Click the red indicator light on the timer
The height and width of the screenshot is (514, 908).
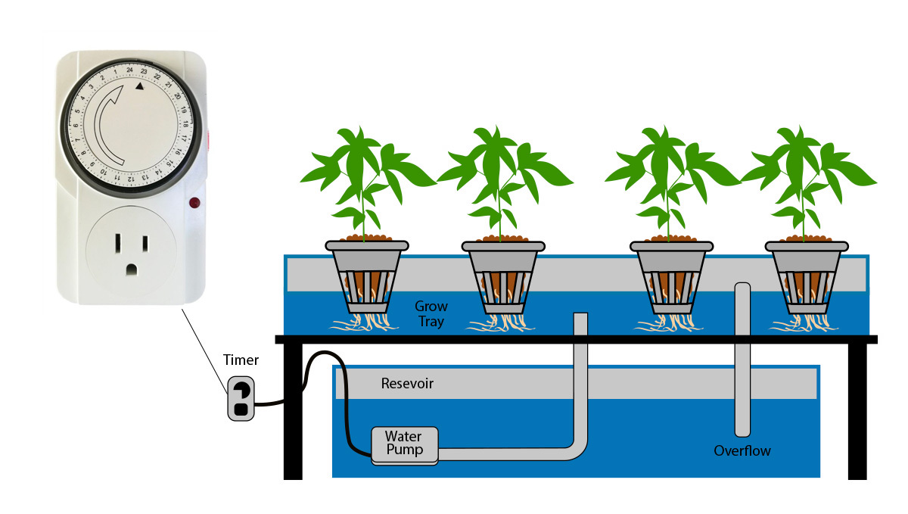194,203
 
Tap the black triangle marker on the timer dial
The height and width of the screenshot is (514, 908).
139,87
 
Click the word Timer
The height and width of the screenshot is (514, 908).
241,360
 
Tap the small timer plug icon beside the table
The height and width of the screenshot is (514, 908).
241,398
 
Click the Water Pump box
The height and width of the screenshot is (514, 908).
404,445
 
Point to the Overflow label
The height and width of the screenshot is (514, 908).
742,451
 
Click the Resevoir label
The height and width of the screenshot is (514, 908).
407,384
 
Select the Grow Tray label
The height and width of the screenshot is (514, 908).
431,314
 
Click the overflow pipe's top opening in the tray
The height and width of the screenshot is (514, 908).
742,288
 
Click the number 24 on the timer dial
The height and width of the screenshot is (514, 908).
129,70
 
